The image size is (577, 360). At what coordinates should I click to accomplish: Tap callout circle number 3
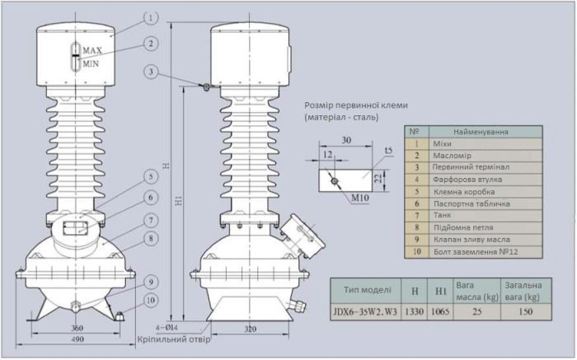pyautogui.click(x=150, y=72)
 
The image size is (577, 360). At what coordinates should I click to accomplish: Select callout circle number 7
pyautogui.click(x=150, y=220)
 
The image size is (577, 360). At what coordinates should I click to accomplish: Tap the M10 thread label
pyautogui.click(x=349, y=199)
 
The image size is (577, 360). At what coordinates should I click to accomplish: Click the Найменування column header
pyautogui.click(x=481, y=132)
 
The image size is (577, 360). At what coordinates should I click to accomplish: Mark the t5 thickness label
pyautogui.click(x=388, y=150)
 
